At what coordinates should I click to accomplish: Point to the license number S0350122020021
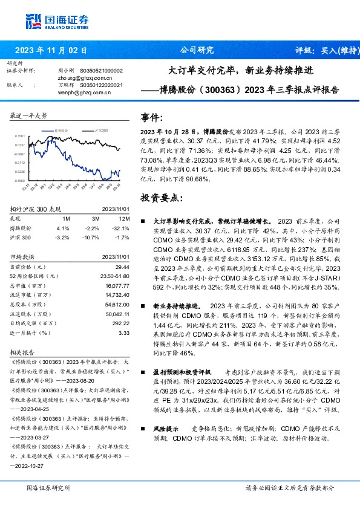click(100, 85)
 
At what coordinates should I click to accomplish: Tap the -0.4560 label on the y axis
click(20, 180)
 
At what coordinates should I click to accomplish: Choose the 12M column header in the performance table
click(124, 219)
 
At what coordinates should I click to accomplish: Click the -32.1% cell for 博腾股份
click(123, 229)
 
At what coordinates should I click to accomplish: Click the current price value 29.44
click(123, 267)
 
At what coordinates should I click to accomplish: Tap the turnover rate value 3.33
click(124, 332)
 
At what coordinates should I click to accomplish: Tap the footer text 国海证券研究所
click(48, 487)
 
